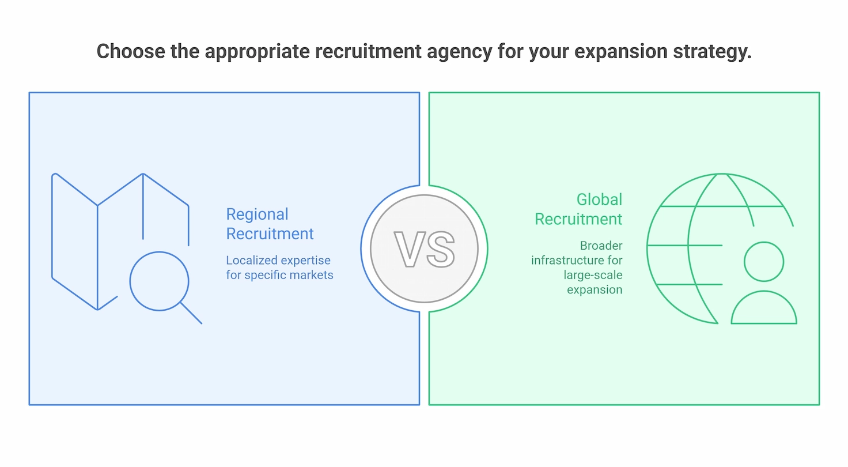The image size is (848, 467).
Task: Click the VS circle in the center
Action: pyautogui.click(x=424, y=248)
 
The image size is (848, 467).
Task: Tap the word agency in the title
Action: pyautogui.click(x=459, y=51)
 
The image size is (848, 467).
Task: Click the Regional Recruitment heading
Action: pyautogui.click(x=270, y=224)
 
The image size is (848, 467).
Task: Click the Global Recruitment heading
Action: pyautogui.click(x=578, y=209)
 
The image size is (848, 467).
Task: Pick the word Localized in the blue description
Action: pyautogui.click(x=251, y=261)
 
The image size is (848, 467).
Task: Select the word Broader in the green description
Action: pyautogui.click(x=601, y=246)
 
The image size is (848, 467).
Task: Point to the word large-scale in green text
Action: pyautogui.click(x=592, y=275)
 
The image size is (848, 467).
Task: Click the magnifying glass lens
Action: pyautogui.click(x=159, y=281)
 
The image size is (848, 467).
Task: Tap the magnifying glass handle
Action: pyautogui.click(x=191, y=313)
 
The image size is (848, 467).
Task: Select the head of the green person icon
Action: pyautogui.click(x=764, y=262)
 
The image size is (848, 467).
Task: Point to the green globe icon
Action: pyautogui.click(x=686, y=248)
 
